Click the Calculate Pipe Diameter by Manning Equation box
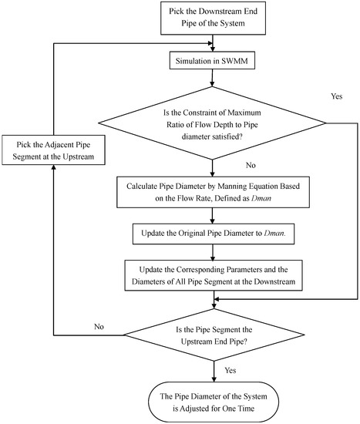click(210, 192)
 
